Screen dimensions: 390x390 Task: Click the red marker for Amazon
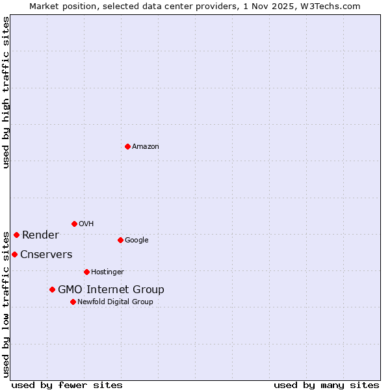point(127,146)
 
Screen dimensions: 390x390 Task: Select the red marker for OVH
point(74,224)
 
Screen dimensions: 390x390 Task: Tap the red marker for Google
point(120,240)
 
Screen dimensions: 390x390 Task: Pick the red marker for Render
point(16,235)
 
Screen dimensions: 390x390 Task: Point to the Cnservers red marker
point(14,254)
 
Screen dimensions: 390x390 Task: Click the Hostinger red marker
point(86,272)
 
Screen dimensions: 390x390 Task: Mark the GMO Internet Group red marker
point(52,289)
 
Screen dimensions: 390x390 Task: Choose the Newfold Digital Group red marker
point(73,302)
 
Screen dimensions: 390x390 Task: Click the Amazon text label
point(145,146)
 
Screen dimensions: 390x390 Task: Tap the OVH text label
point(86,224)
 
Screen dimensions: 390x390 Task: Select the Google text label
point(136,240)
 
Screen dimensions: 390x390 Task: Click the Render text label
point(40,235)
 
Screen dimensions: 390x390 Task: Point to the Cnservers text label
point(46,254)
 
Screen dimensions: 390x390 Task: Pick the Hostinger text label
point(107,272)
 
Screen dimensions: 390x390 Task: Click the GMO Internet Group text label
point(110,289)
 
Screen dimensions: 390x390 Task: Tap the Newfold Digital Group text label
point(115,302)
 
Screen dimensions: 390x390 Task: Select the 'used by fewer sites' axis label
point(67,385)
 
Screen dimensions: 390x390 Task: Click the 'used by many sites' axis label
point(326,385)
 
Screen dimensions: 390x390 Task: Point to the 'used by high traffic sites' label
point(6,92)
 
